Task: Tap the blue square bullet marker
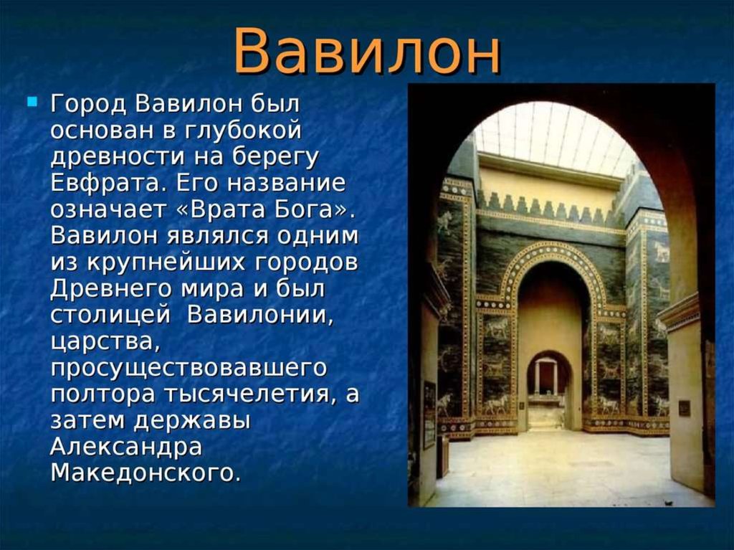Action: point(32,100)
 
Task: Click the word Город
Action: point(88,104)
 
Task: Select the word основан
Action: point(103,131)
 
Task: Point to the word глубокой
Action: point(244,131)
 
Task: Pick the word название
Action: point(287,183)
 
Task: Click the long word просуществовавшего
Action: point(189,368)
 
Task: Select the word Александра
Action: point(126,447)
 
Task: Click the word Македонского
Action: point(145,473)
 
